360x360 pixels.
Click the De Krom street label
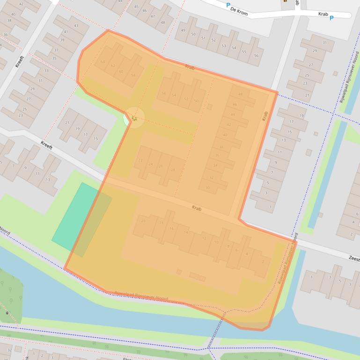tap(239, 12)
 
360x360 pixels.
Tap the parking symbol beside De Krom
tap(228, 5)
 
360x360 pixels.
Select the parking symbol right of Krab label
tap(331, 18)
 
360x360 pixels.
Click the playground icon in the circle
tap(134, 118)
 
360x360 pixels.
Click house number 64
tap(103, 62)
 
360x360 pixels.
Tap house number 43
tap(76, 26)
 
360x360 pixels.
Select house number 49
tap(183, 30)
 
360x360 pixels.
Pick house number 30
tap(207, 188)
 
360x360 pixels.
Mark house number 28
tap(173, 170)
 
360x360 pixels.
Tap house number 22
tap(140, 160)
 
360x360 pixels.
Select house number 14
tap(186, 232)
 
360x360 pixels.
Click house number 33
tap(46, 71)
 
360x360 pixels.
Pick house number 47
tap(153, 16)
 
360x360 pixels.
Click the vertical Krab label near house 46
tap(264, 115)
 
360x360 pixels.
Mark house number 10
tap(216, 242)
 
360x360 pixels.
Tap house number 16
tap(172, 228)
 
